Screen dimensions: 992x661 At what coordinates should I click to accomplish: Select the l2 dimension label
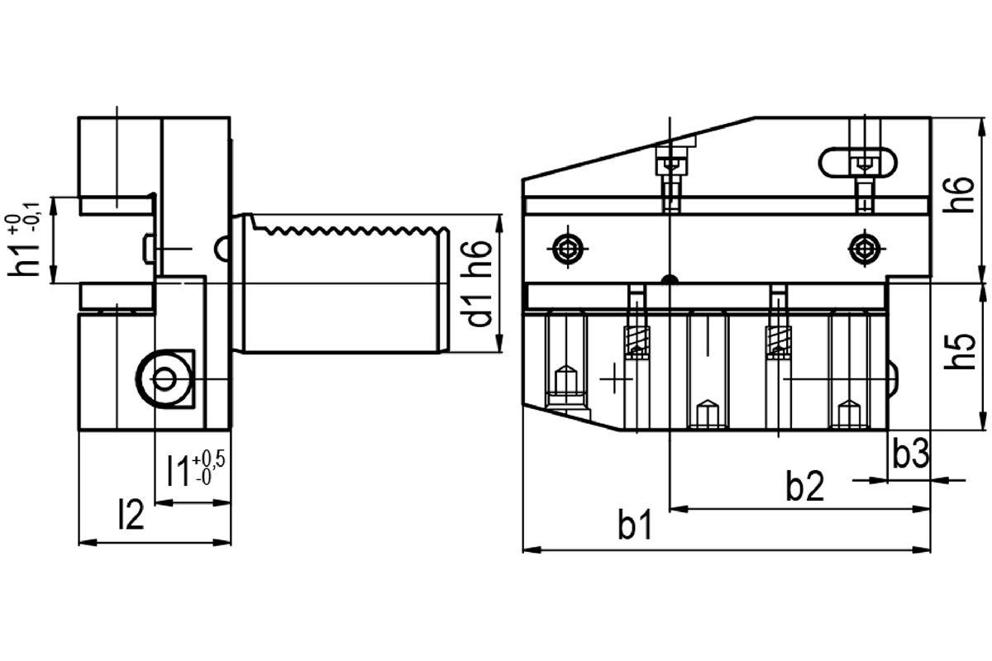[x=131, y=514]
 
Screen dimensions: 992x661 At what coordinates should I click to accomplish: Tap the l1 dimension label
[x=179, y=471]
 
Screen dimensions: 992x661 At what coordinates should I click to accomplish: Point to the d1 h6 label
[x=479, y=283]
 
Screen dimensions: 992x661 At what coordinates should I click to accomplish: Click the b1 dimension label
[x=635, y=524]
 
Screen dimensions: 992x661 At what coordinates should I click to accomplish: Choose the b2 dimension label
[x=804, y=486]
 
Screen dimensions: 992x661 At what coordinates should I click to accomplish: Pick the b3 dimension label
[x=910, y=453]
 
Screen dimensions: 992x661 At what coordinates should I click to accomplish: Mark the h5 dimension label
[x=959, y=350]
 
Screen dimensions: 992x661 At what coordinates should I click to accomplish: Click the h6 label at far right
[x=958, y=194]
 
